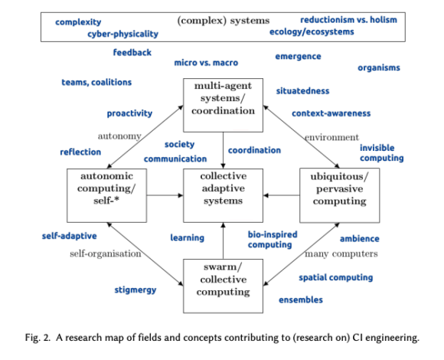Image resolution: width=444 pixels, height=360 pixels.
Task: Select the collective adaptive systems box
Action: pos(223,188)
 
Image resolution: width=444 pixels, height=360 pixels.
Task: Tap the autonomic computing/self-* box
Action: pos(106,188)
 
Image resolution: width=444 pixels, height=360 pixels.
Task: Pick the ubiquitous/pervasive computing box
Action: pos(338,188)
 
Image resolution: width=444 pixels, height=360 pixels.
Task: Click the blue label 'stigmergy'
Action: pos(137,290)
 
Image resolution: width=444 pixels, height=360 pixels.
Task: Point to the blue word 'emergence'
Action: pos(298,56)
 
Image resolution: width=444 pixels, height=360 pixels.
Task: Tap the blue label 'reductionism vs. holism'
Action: pos(348,19)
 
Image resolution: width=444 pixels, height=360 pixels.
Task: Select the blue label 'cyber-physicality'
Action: pos(122,34)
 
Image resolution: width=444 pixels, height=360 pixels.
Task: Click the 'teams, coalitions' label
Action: pos(96,82)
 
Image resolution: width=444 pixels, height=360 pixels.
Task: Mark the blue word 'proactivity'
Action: pos(129,113)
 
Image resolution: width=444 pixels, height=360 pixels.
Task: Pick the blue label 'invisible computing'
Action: pos(381,152)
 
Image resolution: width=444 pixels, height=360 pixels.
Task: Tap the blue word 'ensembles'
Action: pos(300,299)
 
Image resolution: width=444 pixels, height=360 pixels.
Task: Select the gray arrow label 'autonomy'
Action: pos(119,136)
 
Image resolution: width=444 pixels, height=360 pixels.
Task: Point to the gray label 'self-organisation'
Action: pos(105,253)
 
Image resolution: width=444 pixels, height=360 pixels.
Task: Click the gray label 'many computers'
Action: pos(341,254)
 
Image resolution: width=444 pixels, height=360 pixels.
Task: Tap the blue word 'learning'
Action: pos(187,237)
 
